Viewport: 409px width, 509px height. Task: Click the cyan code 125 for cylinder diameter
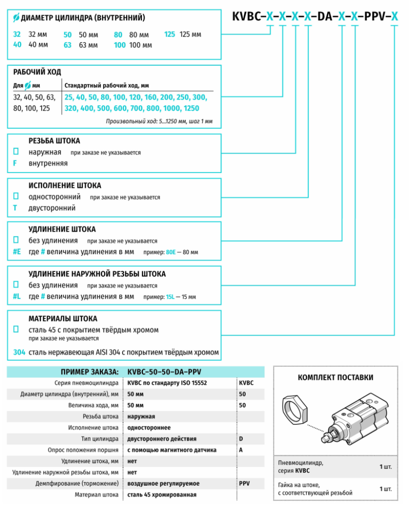coord(169,35)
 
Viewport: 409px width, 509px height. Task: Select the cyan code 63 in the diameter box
coord(68,45)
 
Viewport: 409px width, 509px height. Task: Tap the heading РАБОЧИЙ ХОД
coord(37,72)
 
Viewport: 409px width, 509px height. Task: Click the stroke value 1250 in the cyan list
coord(191,108)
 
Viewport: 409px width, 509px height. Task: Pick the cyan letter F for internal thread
coord(15,163)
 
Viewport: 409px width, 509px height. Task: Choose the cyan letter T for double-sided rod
coord(15,208)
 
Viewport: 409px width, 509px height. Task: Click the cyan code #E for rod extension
coord(17,251)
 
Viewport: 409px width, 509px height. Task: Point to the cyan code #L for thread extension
coord(17,296)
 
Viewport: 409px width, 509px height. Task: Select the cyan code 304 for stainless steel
coord(19,352)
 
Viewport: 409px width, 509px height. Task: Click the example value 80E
coord(170,252)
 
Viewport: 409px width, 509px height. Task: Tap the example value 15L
coord(170,297)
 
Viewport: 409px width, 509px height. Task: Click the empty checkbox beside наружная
coord(16,151)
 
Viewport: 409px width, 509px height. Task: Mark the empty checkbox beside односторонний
coord(16,196)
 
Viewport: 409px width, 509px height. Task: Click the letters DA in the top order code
coord(325,16)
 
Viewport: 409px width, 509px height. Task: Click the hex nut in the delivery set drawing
coord(295,410)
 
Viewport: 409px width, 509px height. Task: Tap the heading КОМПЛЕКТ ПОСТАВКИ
coord(335,378)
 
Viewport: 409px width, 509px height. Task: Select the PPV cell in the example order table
coord(244,484)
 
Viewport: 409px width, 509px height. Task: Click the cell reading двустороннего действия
coord(162,439)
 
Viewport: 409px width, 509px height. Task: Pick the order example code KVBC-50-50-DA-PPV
coord(164,372)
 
